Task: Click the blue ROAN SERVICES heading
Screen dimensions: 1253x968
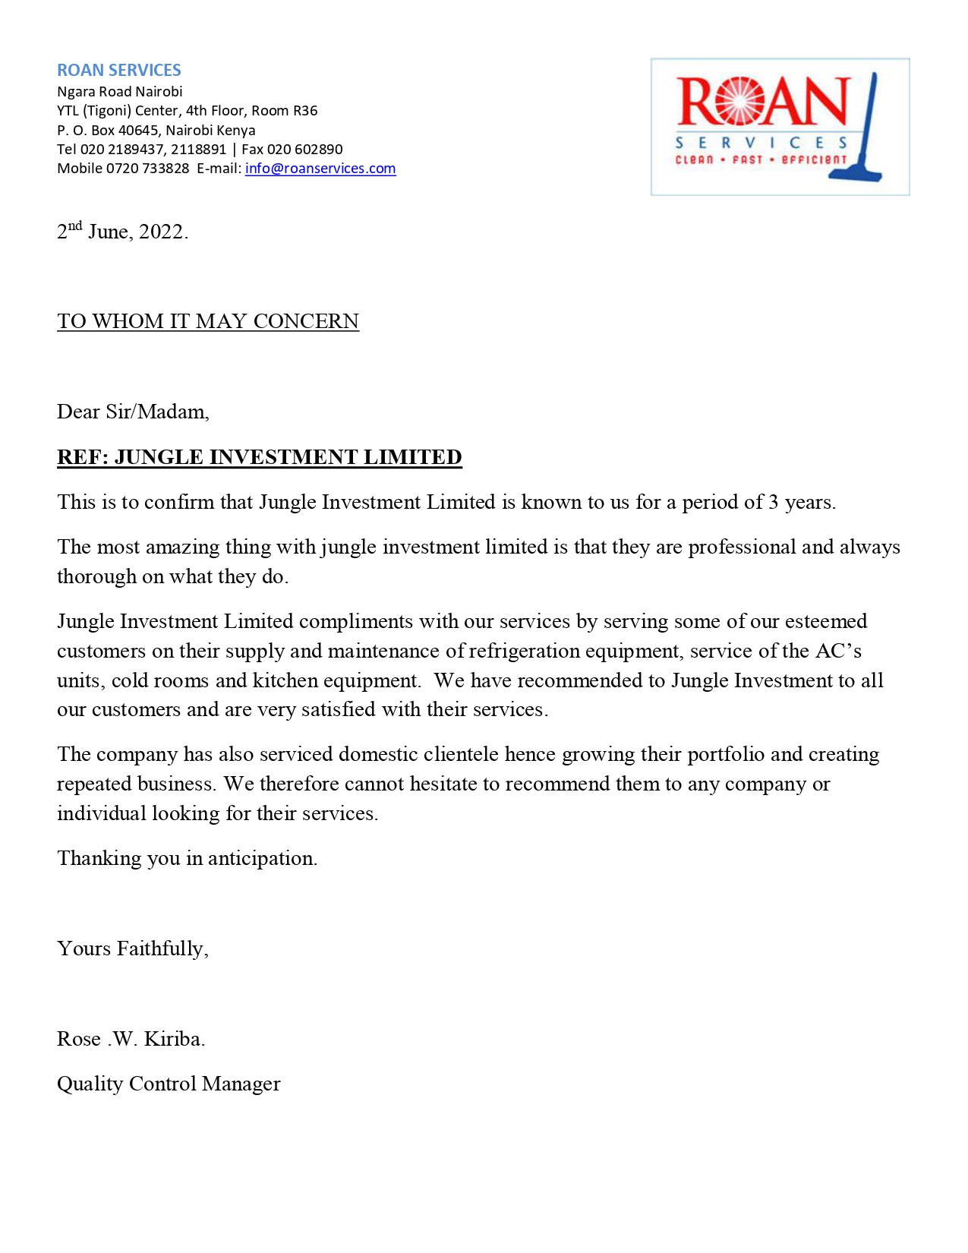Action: click(119, 70)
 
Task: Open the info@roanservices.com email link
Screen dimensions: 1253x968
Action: click(320, 169)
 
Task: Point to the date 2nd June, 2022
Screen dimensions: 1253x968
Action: click(122, 231)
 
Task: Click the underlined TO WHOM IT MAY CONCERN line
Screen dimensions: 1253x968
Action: click(208, 321)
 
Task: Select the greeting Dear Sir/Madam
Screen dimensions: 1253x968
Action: click(133, 412)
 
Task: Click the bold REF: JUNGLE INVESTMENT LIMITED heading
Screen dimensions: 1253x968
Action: click(260, 457)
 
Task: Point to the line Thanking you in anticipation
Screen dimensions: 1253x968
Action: click(187, 858)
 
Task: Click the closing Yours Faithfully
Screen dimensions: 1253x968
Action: click(133, 948)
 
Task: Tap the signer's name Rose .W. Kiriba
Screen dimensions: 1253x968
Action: click(131, 1039)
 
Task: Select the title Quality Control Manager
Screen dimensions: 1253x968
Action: click(169, 1084)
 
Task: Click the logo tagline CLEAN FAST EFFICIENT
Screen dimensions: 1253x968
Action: click(760, 160)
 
